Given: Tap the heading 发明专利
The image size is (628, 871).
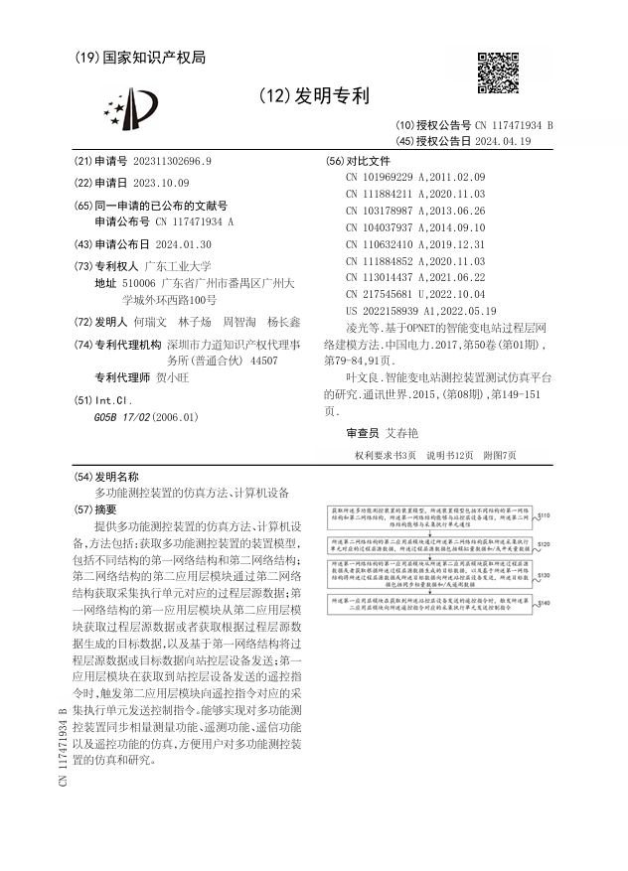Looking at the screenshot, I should (x=314, y=96).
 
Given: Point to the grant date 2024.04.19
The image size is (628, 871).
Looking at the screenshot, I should (x=504, y=141).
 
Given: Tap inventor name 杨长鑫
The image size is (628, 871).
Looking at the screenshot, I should (x=284, y=323).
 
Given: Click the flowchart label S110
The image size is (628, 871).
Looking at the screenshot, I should (x=543, y=516).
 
